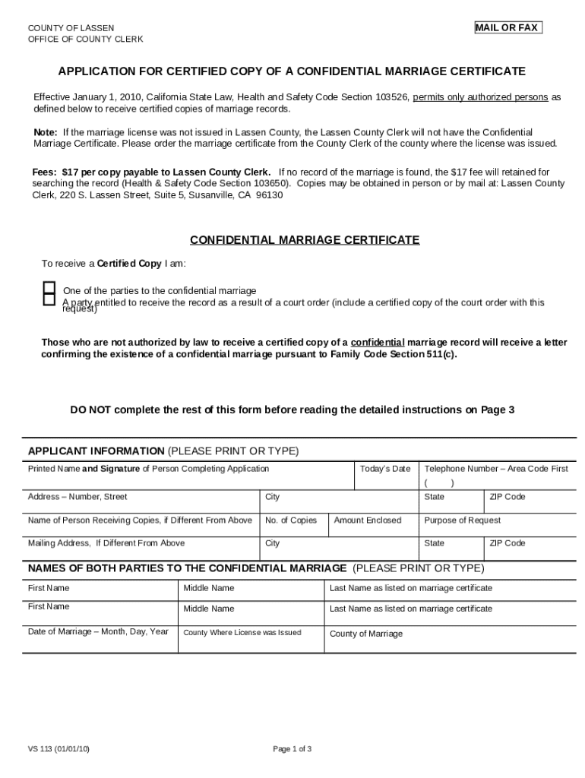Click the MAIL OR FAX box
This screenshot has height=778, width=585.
point(508,28)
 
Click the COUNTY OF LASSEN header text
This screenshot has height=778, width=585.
point(71,28)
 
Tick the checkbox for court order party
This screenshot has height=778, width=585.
point(49,300)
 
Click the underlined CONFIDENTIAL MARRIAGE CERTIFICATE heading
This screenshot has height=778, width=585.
point(304,240)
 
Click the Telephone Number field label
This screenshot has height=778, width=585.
point(495,469)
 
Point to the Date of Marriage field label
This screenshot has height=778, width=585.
point(98,631)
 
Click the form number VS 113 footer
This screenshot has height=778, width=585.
point(58,748)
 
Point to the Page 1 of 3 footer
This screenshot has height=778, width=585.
point(292,748)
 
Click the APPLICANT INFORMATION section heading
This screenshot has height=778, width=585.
point(96,451)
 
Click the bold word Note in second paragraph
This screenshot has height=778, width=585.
point(45,132)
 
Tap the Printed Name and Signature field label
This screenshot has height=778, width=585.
point(148,469)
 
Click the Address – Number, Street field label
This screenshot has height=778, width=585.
point(77,497)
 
